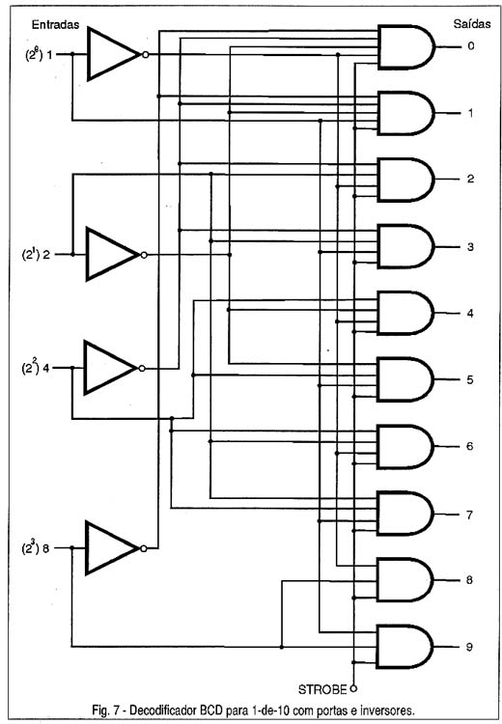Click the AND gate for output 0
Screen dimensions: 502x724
point(405,47)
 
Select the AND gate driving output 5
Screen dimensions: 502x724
point(405,379)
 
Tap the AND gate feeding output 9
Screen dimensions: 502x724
point(405,647)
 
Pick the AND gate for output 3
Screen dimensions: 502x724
point(405,246)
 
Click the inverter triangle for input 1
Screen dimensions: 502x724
point(113,53)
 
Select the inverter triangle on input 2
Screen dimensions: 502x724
point(112,254)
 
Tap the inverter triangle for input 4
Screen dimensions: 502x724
point(110,368)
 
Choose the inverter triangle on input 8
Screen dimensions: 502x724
point(112,548)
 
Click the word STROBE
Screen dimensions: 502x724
point(322,690)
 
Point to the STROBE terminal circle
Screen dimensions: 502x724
point(353,689)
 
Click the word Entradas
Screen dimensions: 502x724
point(55,25)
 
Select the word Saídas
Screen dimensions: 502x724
point(471,24)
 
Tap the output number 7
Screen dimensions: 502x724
point(469,515)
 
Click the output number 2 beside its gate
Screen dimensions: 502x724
point(470,180)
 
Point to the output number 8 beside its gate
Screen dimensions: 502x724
point(469,580)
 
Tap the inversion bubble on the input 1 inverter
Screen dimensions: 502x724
point(145,54)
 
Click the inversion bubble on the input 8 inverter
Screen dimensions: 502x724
point(144,548)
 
